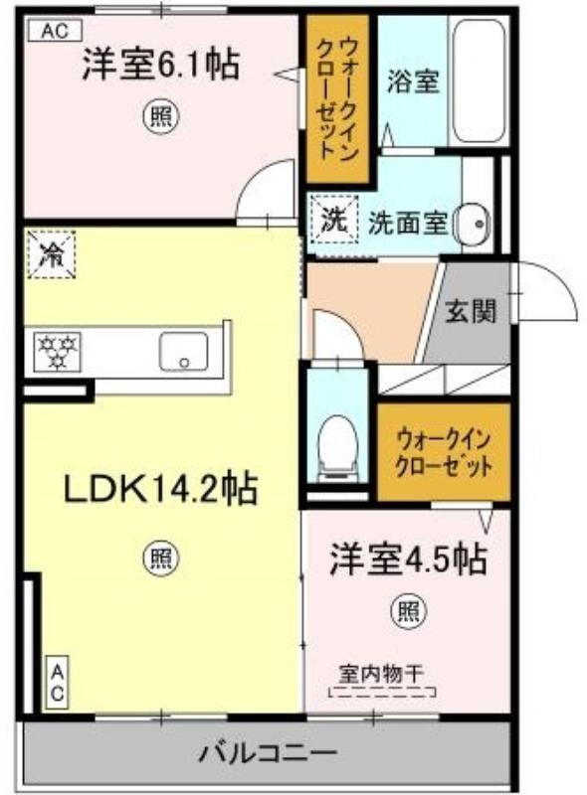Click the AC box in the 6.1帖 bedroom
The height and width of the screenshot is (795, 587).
[55, 31]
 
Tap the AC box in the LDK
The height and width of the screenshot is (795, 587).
[58, 684]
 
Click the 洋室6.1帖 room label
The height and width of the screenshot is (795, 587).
[160, 64]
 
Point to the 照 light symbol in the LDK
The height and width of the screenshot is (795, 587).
[161, 558]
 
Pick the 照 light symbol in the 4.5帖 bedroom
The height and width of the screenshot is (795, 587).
[408, 610]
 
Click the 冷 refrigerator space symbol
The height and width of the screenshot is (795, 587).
[52, 254]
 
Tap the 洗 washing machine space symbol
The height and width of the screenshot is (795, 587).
[334, 221]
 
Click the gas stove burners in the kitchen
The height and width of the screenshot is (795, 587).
[58, 351]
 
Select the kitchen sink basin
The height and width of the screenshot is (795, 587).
[183, 352]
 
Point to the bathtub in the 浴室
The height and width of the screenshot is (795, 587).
[479, 81]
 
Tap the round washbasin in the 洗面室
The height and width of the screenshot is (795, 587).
[472, 223]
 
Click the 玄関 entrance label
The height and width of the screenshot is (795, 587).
[471, 310]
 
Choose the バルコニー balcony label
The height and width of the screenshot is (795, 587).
[267, 753]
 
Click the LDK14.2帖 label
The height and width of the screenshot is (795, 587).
[160, 489]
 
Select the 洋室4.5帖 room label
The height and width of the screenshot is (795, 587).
[409, 559]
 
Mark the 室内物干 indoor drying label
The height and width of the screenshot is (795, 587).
[381, 674]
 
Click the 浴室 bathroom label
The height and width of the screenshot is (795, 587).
[413, 81]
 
